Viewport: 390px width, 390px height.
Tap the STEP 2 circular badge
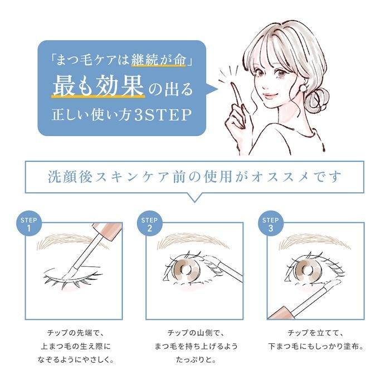149,224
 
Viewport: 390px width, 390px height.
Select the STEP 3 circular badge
271,224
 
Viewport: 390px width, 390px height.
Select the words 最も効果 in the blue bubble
98,87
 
